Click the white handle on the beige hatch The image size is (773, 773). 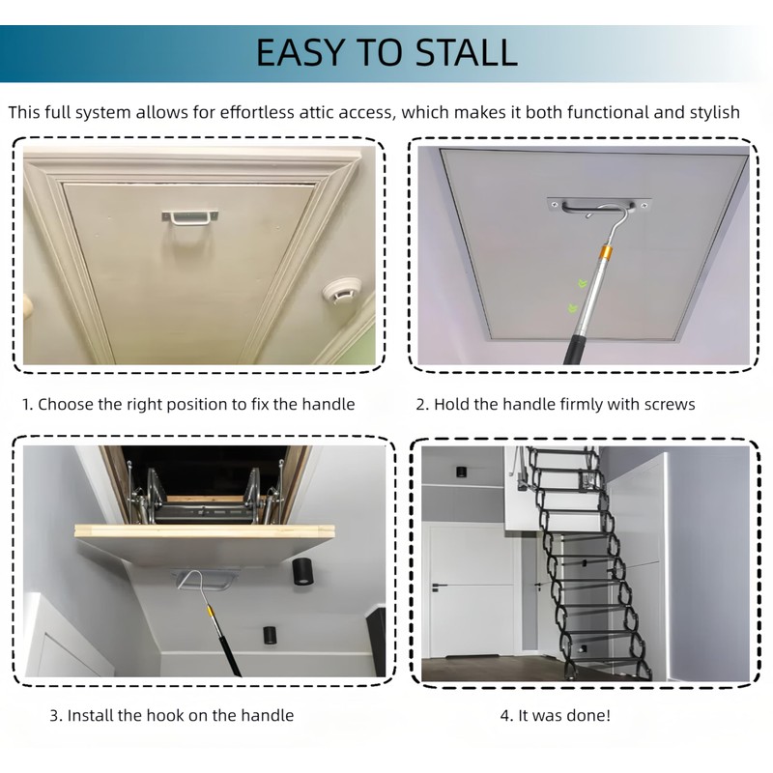[x=189, y=215]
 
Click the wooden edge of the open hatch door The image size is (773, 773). [x=205, y=531]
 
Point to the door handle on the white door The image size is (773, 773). [x=439, y=587]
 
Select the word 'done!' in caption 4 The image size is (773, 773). [x=586, y=716]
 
